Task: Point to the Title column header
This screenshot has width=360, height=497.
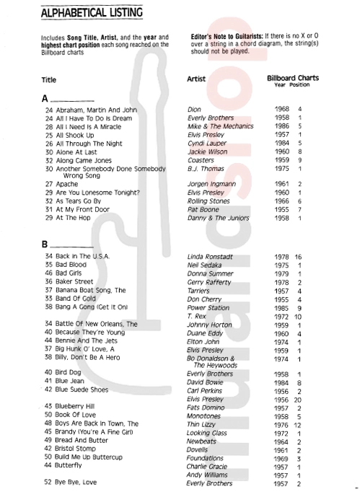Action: point(51,82)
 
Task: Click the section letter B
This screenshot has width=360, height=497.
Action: point(47,244)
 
